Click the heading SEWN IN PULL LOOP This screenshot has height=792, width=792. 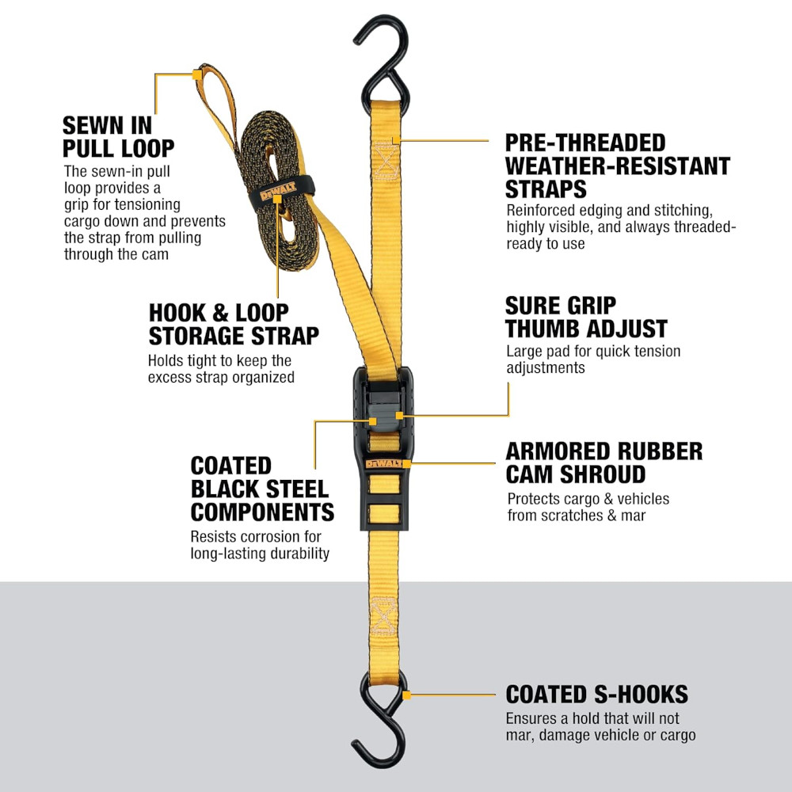pos(118,137)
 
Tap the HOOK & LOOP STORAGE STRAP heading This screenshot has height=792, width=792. pos(234,325)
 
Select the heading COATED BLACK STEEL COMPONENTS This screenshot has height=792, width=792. pos(262,489)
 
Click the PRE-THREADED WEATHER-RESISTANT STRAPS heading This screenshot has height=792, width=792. pos(618,166)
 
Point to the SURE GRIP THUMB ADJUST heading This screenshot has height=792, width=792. pos(586,318)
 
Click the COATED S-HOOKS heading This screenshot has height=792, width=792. pos(596,695)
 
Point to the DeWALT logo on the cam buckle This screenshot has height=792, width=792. pos(384,463)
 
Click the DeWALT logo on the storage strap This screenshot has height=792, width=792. pos(278,192)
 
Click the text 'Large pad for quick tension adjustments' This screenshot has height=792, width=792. pos(593,359)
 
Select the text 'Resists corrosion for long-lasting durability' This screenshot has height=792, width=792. pos(260,545)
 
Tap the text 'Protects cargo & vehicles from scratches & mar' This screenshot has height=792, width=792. pos(588,507)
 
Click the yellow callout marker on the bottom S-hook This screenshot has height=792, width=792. pos(406,695)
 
